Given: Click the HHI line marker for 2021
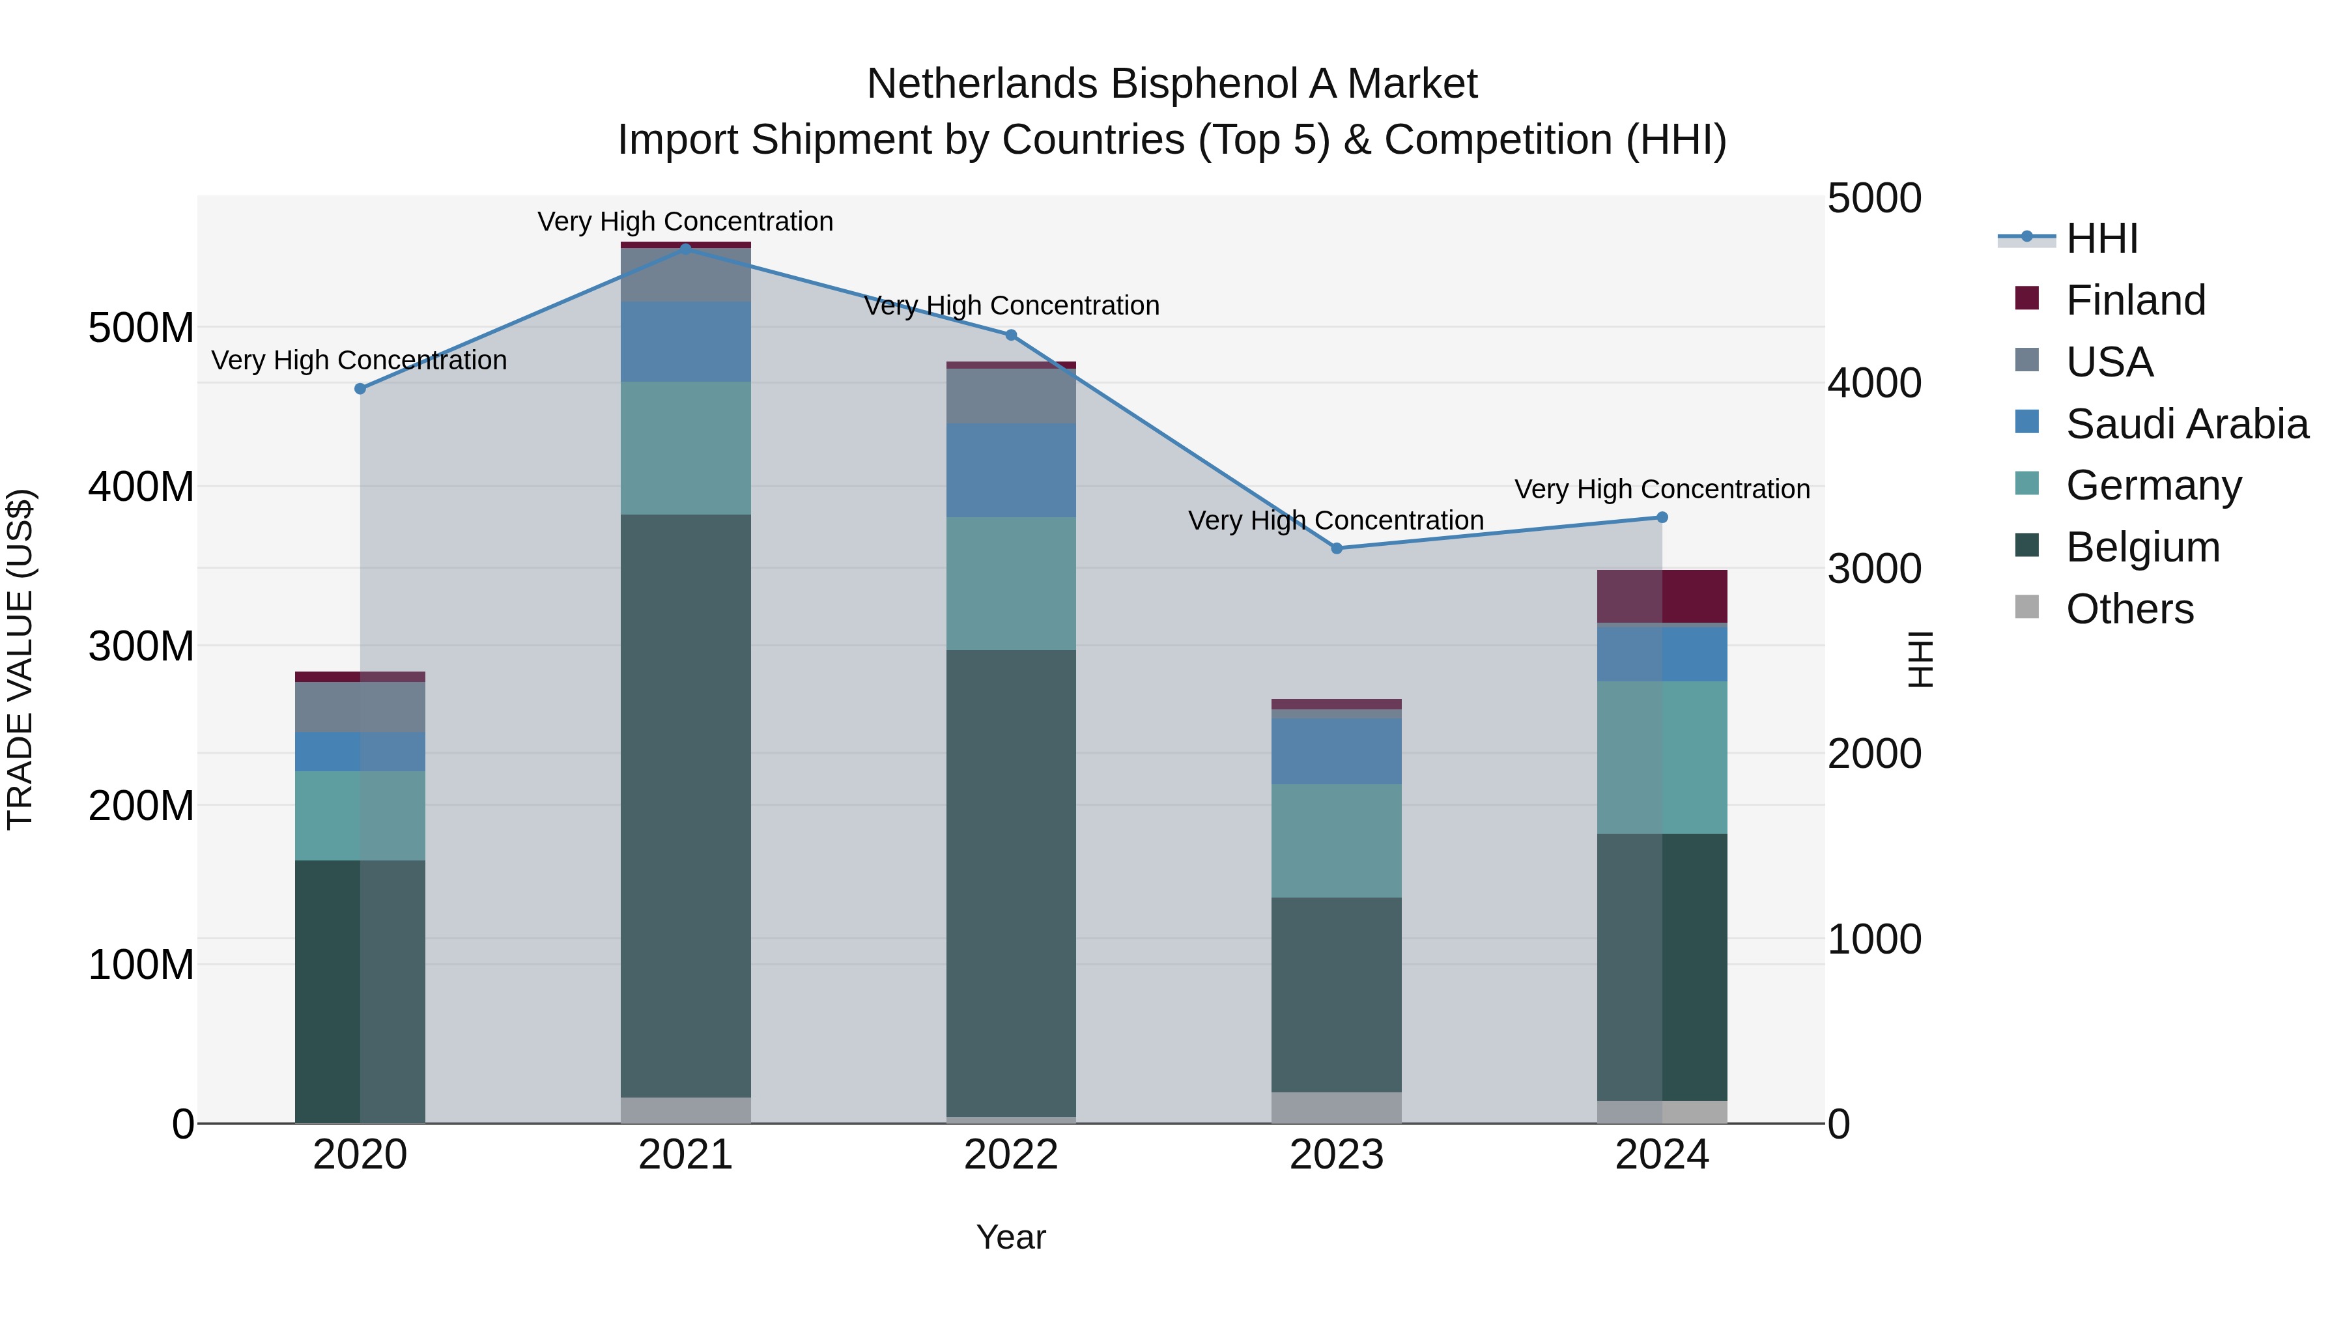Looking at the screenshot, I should [x=685, y=249].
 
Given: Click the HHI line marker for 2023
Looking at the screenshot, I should [x=1337, y=548].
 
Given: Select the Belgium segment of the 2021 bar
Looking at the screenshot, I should [x=685, y=806].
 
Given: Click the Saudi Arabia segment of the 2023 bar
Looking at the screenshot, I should [x=1337, y=751].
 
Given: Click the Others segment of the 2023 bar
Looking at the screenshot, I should [x=1337, y=1107].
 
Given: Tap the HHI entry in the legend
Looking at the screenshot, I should [x=2101, y=238].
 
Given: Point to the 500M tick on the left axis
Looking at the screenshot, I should [x=141, y=328].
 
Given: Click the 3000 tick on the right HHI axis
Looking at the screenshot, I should [x=1873, y=569].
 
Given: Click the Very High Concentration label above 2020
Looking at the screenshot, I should [x=359, y=360].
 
